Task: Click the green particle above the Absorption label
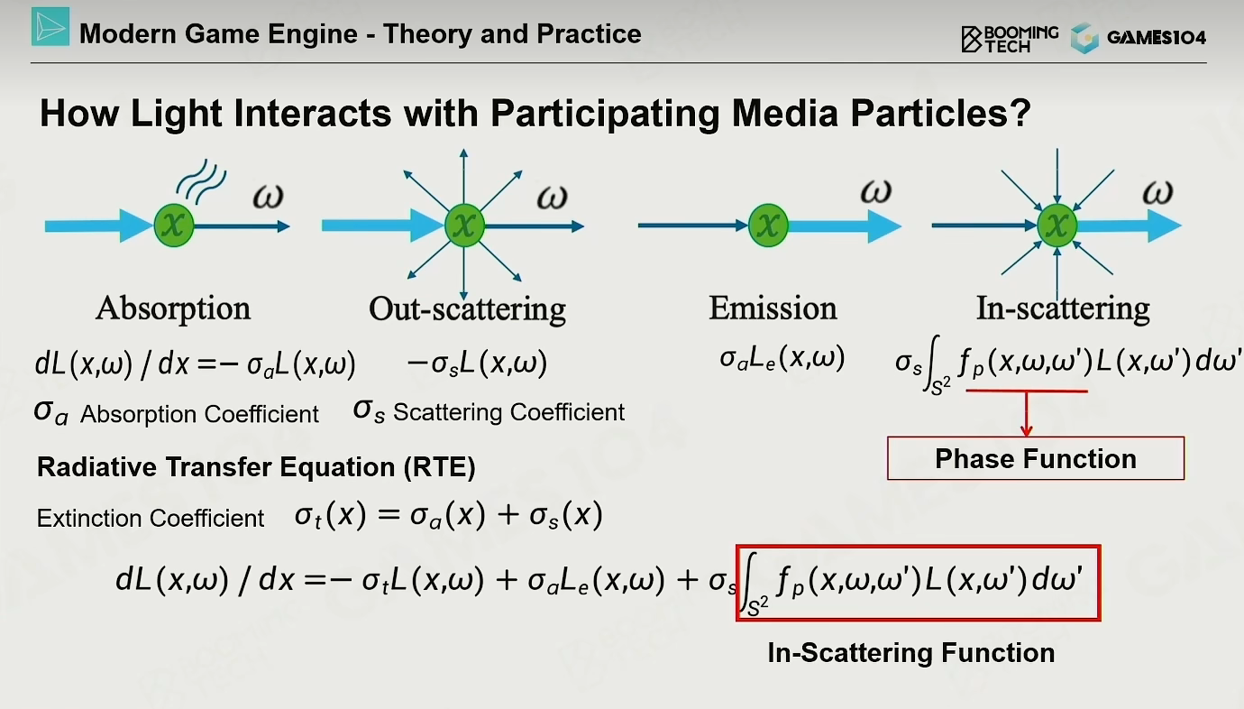click(174, 225)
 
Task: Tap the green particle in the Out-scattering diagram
click(464, 225)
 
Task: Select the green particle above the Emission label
click(768, 225)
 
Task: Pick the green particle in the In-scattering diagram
click(1056, 225)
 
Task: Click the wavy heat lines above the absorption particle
click(201, 180)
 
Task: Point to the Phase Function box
click(1036, 458)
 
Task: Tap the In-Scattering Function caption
click(910, 652)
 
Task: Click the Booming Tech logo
click(1009, 39)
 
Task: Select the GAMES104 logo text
click(1157, 38)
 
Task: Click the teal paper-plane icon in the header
click(50, 26)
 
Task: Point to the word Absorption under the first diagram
click(173, 308)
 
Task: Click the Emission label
click(773, 308)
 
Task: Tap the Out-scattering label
click(467, 308)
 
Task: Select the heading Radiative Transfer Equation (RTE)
click(256, 466)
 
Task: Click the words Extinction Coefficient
click(150, 519)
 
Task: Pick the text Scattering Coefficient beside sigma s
click(508, 412)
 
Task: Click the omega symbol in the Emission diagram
click(876, 192)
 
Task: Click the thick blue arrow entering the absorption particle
click(98, 226)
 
